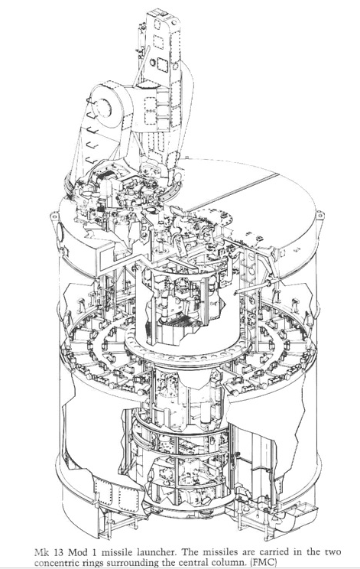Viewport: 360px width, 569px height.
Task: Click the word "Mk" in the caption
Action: [x=41, y=552]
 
